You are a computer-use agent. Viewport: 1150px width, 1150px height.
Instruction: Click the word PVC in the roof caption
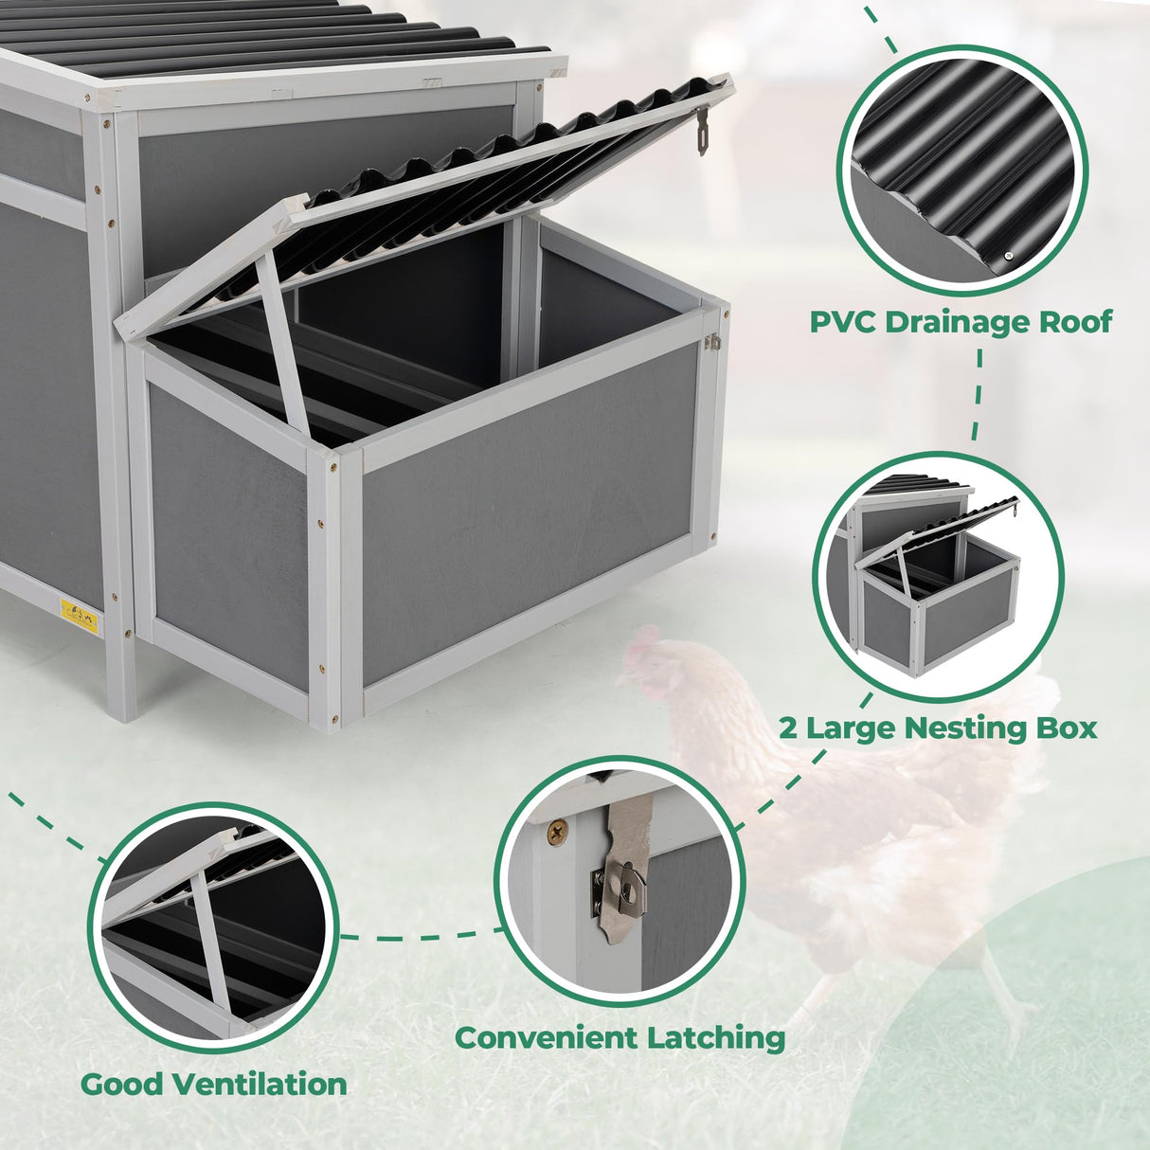tap(845, 322)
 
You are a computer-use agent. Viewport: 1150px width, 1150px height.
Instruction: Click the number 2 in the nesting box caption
tap(789, 728)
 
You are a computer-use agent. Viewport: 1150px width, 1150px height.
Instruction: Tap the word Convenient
tap(547, 1037)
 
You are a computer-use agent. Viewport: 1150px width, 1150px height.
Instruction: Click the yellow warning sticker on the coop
tap(79, 615)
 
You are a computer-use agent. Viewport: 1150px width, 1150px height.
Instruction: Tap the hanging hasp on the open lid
tap(702, 131)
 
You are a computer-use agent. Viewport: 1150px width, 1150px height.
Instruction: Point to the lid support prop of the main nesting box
tap(282, 341)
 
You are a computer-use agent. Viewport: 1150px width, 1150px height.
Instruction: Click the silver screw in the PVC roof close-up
tap(1009, 255)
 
